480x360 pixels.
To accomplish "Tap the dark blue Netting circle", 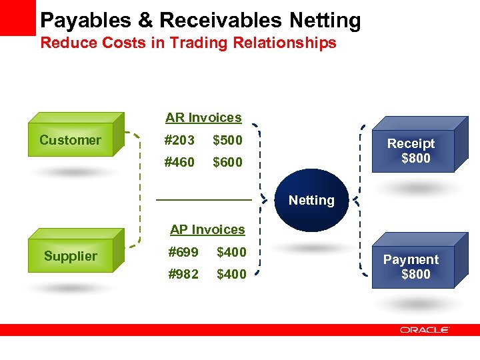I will pos(311,200).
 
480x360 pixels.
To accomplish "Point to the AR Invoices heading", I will pos(203,118).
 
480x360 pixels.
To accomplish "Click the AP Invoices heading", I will pos(207,229).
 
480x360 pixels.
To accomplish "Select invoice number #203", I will pos(179,140).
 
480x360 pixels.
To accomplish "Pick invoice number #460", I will pos(179,162).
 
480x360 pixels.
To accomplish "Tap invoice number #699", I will pos(183,252).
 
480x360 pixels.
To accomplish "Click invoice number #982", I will pos(183,274).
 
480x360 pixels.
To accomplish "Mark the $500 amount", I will pos(227,140).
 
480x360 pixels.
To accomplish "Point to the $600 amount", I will pos(227,162).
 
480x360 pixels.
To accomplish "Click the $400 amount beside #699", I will pos(231,252).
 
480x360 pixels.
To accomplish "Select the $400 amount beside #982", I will pos(231,274).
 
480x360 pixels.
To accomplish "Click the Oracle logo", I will pos(425,330).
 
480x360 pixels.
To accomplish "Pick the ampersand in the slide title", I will pos(146,20).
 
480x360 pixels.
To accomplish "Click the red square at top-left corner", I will pos(17,17).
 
